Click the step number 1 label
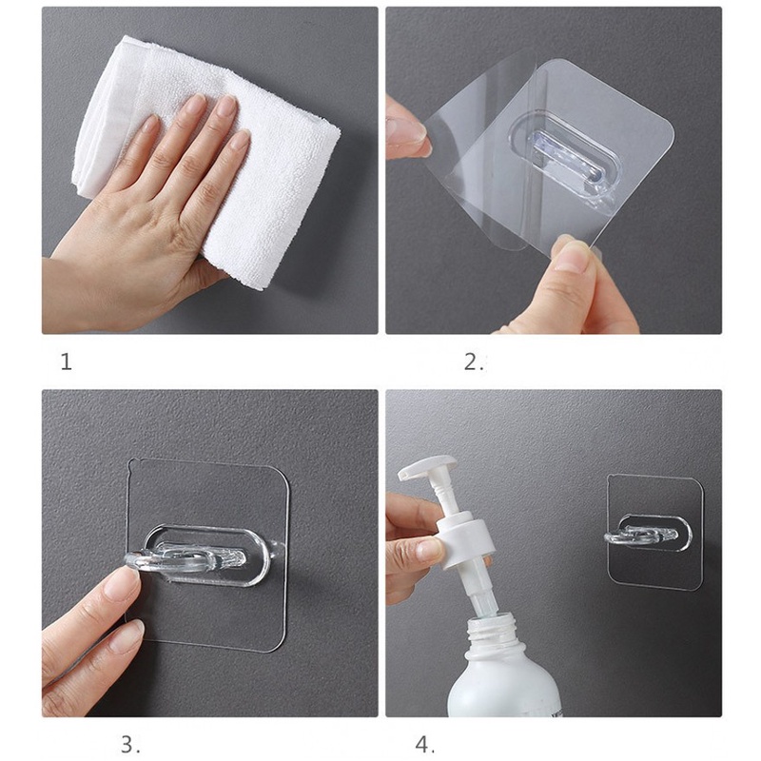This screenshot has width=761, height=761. [66, 362]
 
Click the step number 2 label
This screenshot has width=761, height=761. [474, 362]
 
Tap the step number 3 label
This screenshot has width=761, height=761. [130, 744]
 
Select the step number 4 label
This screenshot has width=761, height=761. [425, 744]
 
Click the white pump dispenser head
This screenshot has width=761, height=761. [427, 467]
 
